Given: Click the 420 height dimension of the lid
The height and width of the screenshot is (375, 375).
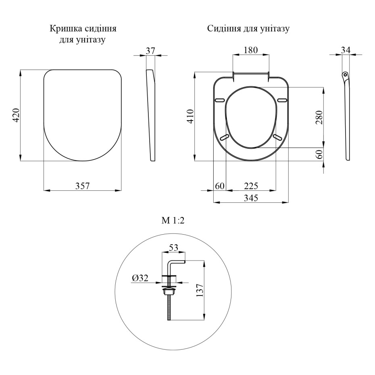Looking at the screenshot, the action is (16, 115).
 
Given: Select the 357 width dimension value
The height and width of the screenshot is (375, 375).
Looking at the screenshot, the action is (82, 186).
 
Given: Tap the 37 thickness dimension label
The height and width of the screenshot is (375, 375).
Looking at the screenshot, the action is (150, 51).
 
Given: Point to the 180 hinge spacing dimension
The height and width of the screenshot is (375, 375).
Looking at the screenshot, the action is (251, 50).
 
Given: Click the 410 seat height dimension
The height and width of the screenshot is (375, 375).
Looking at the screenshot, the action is (191, 116).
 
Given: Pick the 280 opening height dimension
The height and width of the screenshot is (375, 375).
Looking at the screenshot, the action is (319, 117).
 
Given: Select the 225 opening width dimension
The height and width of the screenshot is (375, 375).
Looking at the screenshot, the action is (251, 186).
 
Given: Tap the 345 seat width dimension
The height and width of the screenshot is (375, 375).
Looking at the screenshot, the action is (251, 198).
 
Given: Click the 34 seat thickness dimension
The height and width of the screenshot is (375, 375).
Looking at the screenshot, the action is (346, 50).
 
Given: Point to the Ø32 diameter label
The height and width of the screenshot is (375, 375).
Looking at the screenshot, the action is (140, 278).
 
